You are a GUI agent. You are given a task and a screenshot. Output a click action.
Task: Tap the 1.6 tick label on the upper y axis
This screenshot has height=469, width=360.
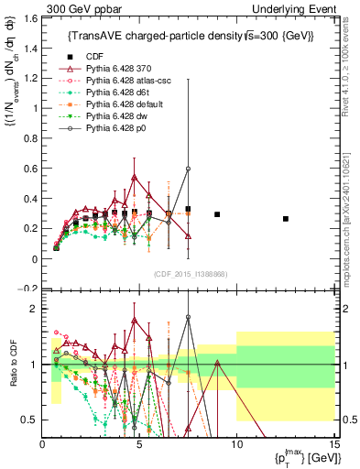pyautogui.click(x=30, y=17)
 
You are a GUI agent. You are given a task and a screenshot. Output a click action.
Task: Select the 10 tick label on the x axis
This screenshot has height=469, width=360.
pyautogui.click(x=236, y=444)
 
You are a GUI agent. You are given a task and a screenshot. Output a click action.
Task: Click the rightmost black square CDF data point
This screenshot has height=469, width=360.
pyautogui.click(x=286, y=219)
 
